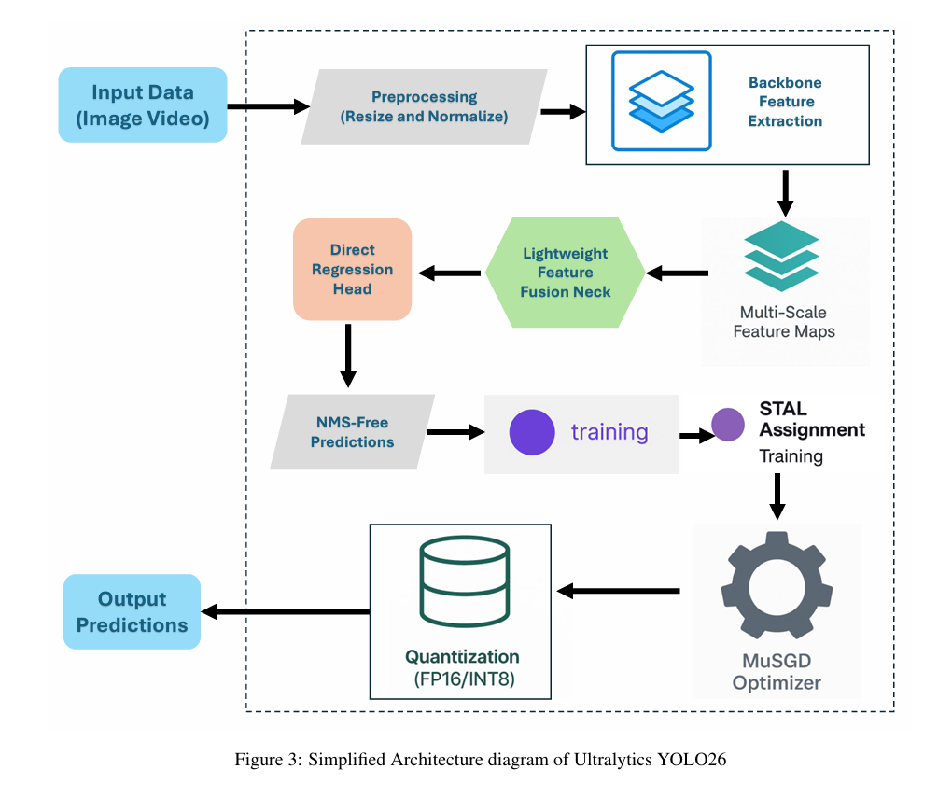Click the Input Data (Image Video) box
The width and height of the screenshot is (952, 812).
[143, 105]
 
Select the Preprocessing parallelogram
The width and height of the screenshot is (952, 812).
[424, 107]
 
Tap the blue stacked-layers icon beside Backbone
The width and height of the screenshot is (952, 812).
[661, 102]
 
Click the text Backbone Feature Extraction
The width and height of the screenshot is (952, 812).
[785, 102]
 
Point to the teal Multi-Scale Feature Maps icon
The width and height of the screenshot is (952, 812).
[782, 256]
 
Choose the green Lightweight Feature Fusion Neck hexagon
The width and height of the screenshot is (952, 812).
[566, 273]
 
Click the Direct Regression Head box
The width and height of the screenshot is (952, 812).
[352, 269]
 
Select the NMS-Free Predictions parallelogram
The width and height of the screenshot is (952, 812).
[352, 432]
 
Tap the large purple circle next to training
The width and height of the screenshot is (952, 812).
[532, 432]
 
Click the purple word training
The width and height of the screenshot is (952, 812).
[609, 432]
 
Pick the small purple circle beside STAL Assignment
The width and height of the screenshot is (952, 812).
[728, 425]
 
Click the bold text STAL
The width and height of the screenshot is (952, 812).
[783, 409]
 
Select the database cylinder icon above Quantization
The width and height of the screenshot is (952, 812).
[465, 581]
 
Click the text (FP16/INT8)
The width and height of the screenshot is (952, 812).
[465, 679]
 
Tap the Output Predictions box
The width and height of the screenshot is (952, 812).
[132, 611]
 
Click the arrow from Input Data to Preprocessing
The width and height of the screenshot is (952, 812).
[269, 107]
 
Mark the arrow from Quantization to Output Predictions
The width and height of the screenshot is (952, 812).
[286, 611]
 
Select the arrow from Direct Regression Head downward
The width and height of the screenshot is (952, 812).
[348, 356]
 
